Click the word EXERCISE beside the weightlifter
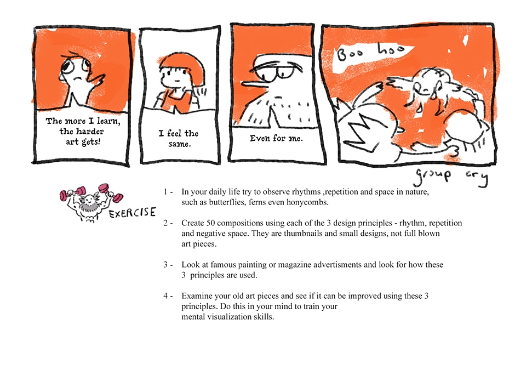pos(133,213)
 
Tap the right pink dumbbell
pos(111,192)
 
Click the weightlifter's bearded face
pos(88,203)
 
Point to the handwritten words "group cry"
pos(451,176)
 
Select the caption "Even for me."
pos(276,138)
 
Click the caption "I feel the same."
pos(179,138)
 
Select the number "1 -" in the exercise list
pos(168,192)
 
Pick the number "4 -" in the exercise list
pos(168,296)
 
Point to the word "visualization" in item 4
pos(230,317)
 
